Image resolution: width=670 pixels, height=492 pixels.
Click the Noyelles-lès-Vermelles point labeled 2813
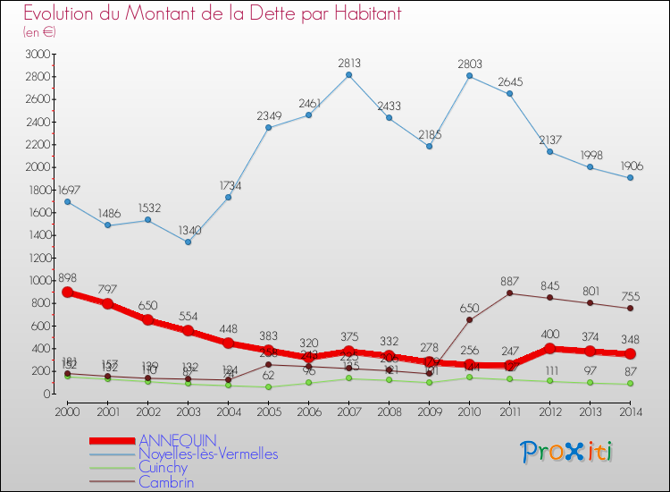pyautogui.click(x=348, y=74)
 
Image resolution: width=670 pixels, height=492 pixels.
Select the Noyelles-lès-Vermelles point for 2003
pyautogui.click(x=188, y=242)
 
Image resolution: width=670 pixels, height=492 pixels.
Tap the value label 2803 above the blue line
pyautogui.click(x=469, y=64)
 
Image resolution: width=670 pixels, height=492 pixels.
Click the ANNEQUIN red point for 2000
pyautogui.click(x=67, y=292)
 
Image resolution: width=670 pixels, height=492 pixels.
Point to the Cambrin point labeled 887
pyautogui.click(x=509, y=293)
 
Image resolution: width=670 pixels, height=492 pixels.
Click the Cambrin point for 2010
pyautogui.click(x=469, y=320)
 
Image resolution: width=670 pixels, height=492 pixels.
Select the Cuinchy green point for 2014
pyautogui.click(x=630, y=384)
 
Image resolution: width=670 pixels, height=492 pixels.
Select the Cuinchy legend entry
pyautogui.click(x=163, y=468)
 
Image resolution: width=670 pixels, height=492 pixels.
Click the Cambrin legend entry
pyautogui.click(x=165, y=481)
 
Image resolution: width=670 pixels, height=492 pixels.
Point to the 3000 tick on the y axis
pyautogui.click(x=36, y=55)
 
